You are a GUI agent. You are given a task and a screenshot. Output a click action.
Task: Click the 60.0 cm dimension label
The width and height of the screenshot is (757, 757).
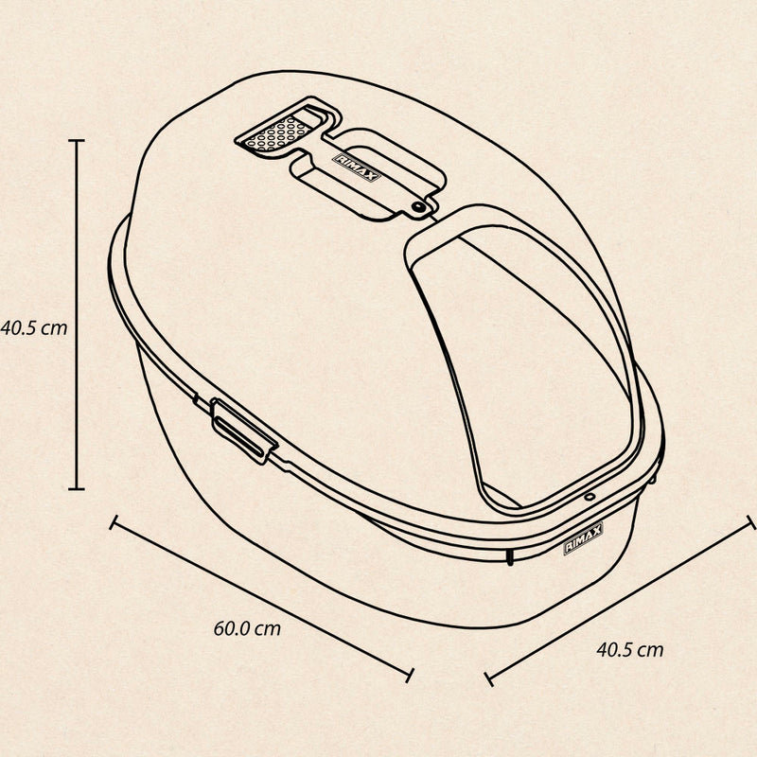coord(247,628)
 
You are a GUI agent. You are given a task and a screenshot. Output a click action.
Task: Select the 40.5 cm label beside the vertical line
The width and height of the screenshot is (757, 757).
coord(34,328)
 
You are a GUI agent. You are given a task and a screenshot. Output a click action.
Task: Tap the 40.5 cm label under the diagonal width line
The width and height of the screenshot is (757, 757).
coord(630,650)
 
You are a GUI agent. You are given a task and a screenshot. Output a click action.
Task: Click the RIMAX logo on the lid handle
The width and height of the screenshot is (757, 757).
coord(357,167)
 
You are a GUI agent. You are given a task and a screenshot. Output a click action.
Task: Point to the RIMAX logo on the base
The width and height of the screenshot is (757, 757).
coord(583,538)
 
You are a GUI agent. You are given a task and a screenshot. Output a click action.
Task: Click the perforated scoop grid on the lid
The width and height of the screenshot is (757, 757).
coord(277,132)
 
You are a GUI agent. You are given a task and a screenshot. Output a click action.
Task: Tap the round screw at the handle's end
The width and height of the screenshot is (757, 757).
coord(417,207)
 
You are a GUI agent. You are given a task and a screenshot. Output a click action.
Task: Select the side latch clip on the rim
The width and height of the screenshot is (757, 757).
coord(243,431)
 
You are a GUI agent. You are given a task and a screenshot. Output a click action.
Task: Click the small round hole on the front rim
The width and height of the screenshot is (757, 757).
coord(589,496)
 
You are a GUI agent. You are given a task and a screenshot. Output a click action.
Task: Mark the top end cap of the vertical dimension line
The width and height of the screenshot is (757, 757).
coord(77,140)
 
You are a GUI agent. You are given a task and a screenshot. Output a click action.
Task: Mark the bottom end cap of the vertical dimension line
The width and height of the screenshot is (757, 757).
coord(77,489)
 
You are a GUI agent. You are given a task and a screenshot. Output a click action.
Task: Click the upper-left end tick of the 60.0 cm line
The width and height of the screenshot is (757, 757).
coord(114,522)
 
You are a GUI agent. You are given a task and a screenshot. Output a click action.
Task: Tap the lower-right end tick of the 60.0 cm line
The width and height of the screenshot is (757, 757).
coord(410,675)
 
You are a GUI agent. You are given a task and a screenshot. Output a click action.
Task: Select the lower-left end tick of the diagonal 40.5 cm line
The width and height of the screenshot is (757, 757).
coord(488,678)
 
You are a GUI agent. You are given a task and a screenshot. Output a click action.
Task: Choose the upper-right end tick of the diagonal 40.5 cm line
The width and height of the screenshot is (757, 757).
coord(751,522)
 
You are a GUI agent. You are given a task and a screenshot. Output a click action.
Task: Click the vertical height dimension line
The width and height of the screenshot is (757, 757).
coord(77,315)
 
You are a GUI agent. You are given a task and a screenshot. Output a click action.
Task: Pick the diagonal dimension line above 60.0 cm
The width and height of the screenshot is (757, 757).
coord(262,599)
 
